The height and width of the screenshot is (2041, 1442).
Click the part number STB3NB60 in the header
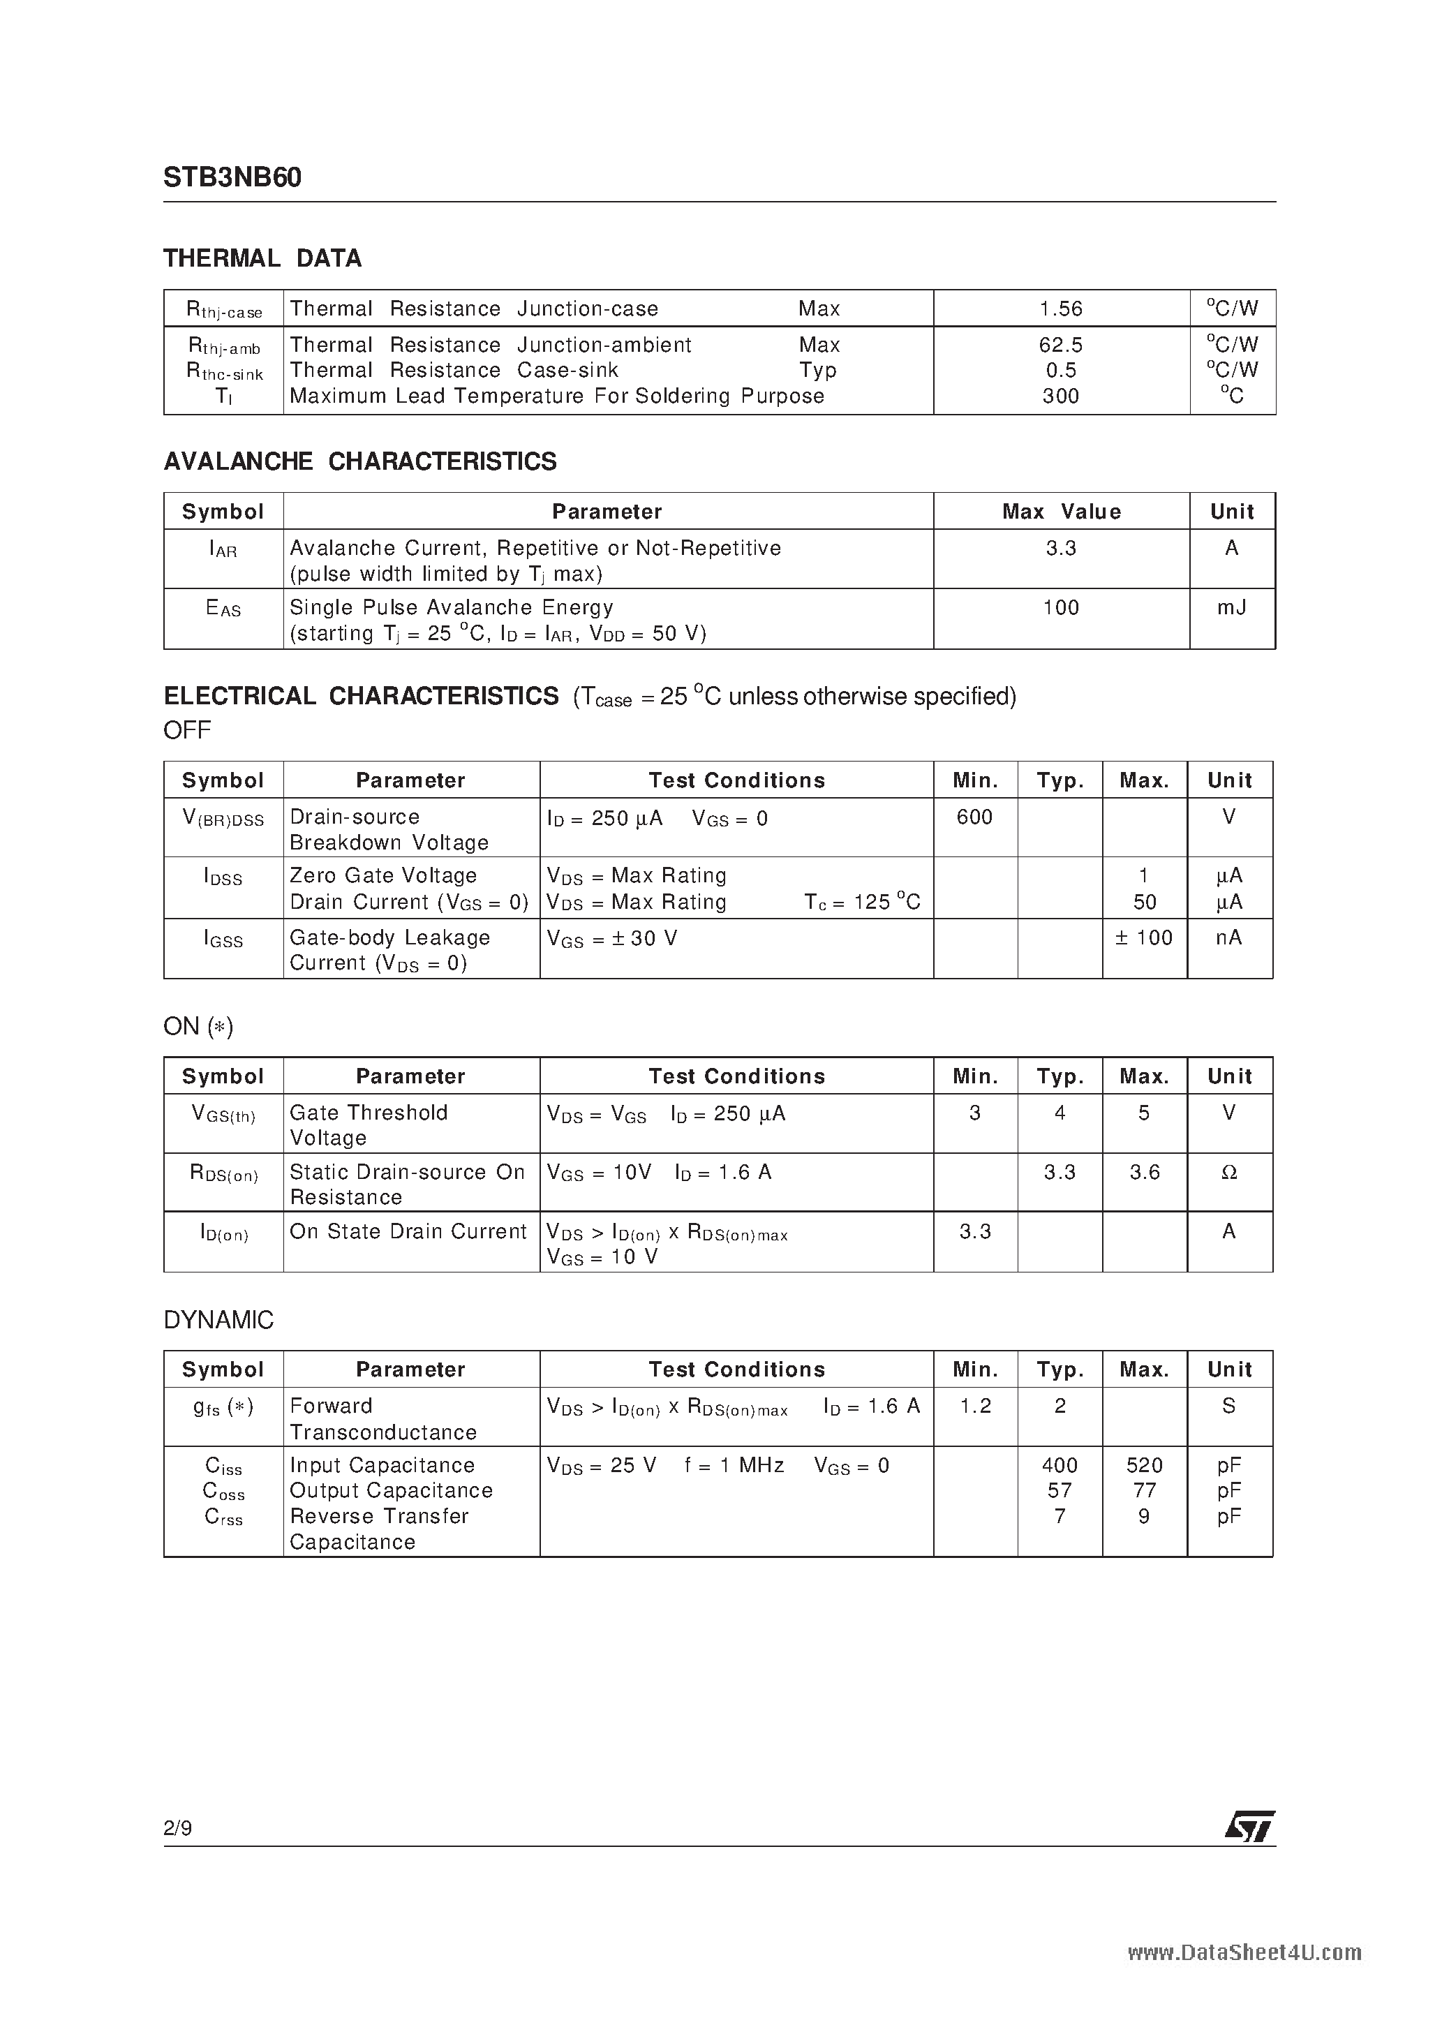tap(232, 178)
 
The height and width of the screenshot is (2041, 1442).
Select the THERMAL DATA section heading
tap(262, 259)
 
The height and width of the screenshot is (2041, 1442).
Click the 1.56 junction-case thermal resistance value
tap(1061, 309)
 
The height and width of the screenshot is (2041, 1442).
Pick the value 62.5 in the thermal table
tap(1061, 345)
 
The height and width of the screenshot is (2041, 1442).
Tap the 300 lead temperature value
tap(1061, 396)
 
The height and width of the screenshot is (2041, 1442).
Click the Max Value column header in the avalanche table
tap(1061, 512)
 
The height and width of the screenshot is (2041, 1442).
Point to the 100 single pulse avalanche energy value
tap(1061, 608)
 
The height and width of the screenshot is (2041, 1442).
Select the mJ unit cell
tap(1231, 608)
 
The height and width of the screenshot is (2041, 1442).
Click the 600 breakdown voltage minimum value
tap(974, 817)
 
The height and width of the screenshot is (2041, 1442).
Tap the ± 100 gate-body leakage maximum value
tap(1144, 938)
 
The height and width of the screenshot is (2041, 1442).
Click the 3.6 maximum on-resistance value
tap(1144, 1173)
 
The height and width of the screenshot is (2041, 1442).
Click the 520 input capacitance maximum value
tap(1144, 1465)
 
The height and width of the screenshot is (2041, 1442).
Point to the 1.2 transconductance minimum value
tap(975, 1407)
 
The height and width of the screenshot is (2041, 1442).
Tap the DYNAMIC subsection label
tap(218, 1320)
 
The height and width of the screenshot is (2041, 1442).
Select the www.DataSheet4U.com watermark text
tap(1244, 1953)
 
